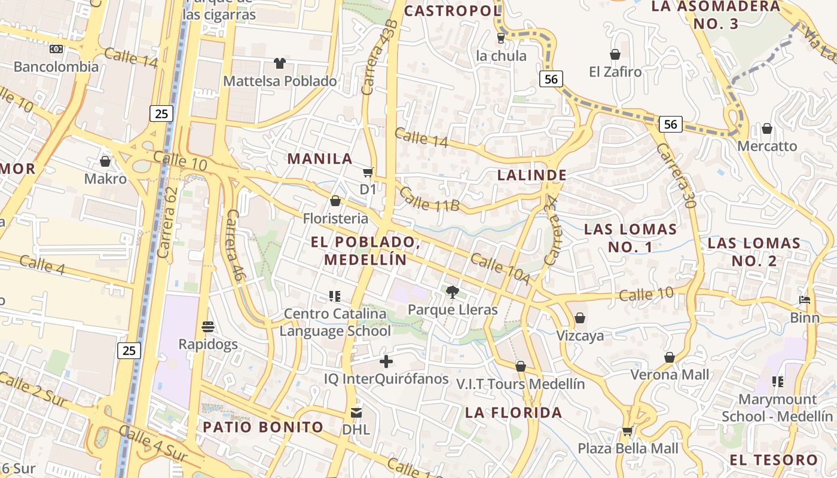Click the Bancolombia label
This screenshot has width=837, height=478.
(x=56, y=66)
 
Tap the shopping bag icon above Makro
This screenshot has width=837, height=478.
(x=105, y=161)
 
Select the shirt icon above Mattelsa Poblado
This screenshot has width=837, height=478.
(x=279, y=63)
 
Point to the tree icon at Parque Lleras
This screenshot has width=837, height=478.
(x=453, y=292)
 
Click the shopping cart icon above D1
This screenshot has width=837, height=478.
(x=368, y=172)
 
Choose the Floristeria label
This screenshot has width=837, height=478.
(x=335, y=218)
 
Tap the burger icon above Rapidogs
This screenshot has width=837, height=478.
(x=208, y=327)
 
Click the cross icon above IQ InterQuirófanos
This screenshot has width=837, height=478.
(x=386, y=361)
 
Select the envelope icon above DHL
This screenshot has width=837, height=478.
(x=356, y=412)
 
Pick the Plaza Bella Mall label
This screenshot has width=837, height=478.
(x=628, y=448)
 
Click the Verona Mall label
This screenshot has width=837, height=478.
(x=670, y=375)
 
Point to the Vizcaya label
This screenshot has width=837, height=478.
(x=580, y=335)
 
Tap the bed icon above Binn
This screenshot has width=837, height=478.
(x=805, y=300)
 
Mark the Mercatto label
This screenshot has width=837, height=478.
(x=767, y=146)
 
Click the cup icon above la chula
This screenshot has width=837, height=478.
(x=501, y=38)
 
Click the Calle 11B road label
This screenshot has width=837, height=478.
(x=429, y=200)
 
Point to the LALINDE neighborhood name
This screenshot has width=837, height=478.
(x=531, y=175)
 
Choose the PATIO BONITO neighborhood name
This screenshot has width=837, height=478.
(x=263, y=427)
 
